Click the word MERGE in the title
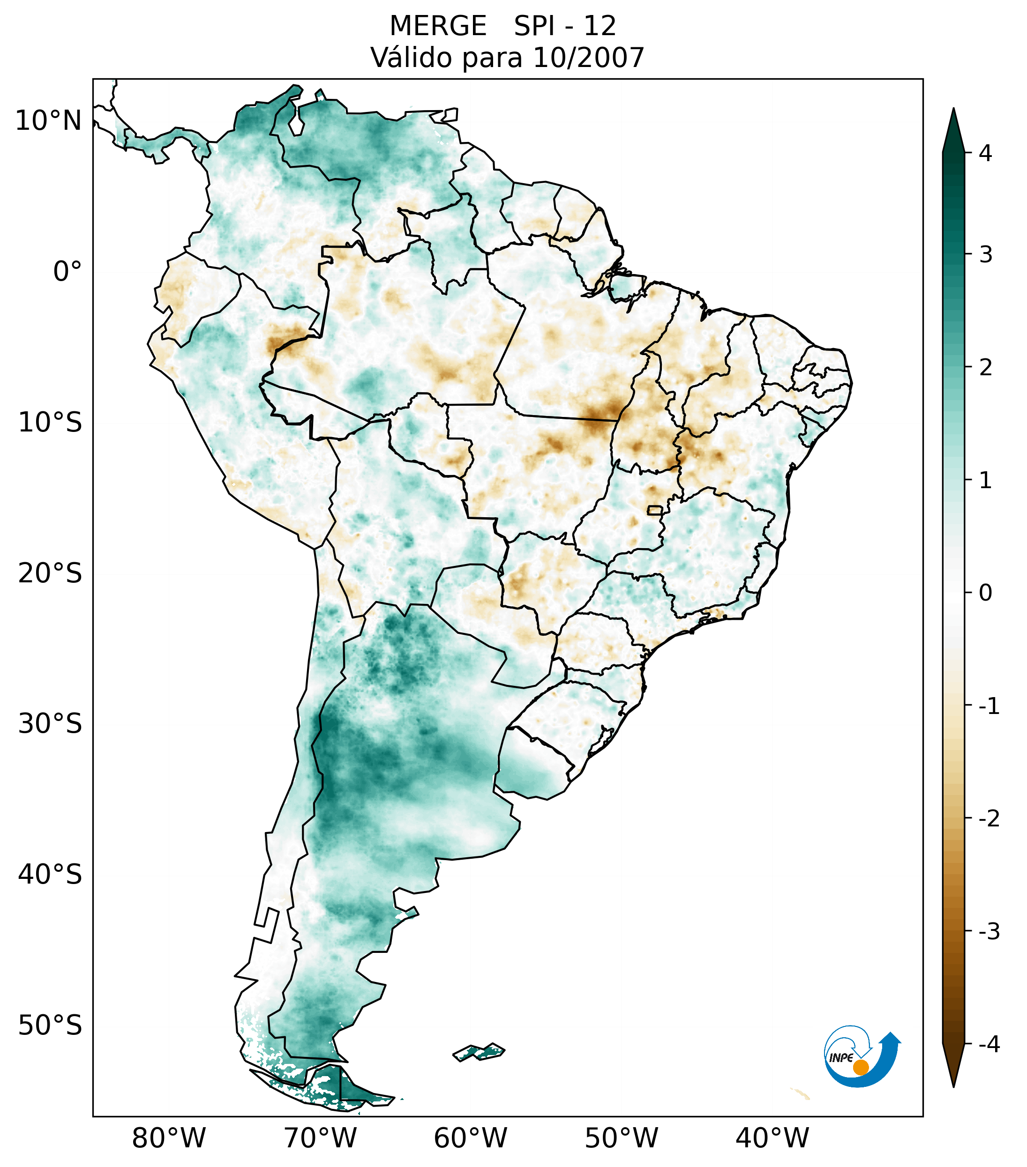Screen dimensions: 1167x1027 coord(438,26)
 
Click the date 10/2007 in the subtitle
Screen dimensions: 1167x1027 coord(588,58)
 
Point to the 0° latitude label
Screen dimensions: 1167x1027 coord(67,272)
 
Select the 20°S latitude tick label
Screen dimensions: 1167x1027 coord(50,573)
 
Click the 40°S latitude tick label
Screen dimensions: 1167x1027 coord(50,875)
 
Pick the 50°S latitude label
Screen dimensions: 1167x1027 coord(50,1026)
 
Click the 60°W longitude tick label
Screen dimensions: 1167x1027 coord(470,1138)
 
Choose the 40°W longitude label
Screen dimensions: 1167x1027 coord(772,1138)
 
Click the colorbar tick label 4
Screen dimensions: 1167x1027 coord(985,153)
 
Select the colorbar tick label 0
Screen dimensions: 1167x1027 coord(985,593)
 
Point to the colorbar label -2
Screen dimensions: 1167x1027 coord(989,819)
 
